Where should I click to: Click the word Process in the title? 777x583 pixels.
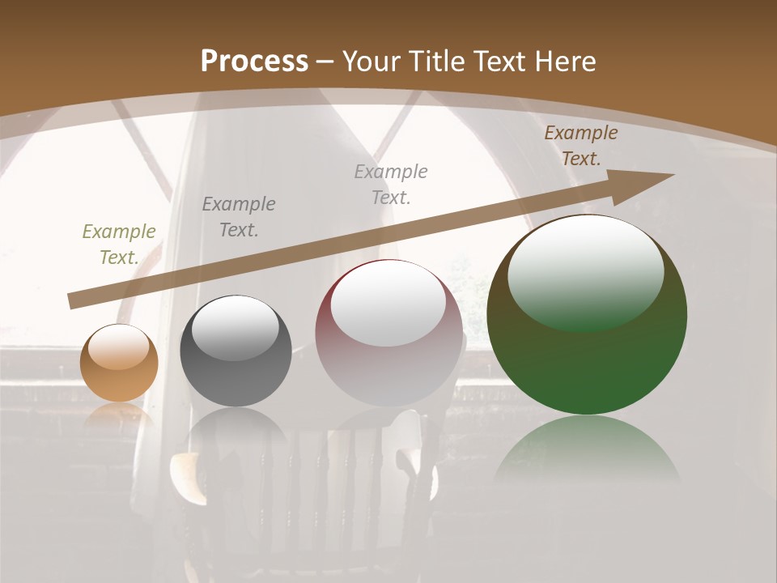pos(254,62)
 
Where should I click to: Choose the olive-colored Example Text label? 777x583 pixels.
pos(119,245)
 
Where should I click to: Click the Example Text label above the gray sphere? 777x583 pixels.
pos(239,217)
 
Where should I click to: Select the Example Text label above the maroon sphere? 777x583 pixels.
pos(391,184)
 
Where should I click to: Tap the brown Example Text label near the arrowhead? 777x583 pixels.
pos(580,146)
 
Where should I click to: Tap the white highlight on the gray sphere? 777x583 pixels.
pos(236,327)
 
